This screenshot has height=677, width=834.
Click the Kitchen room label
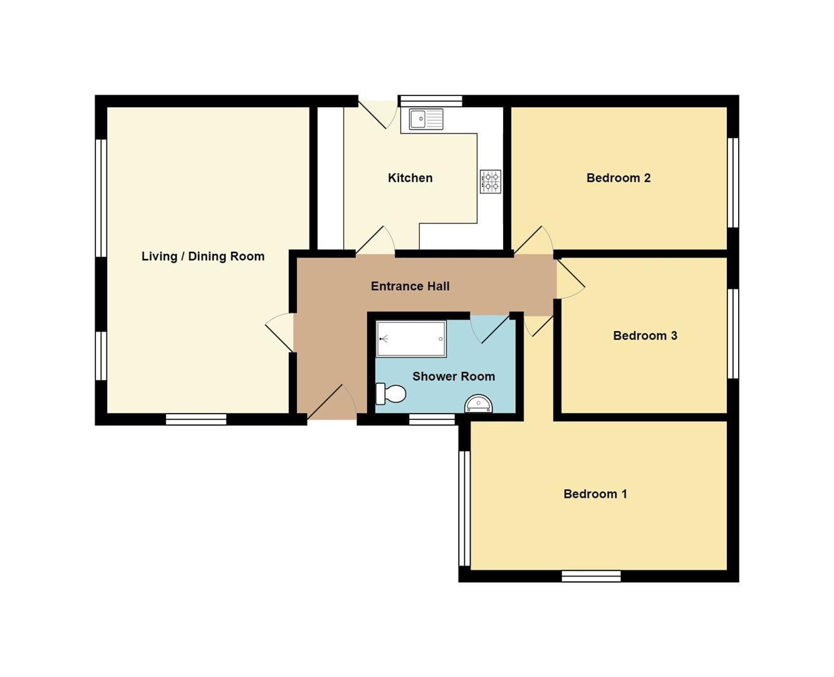(410, 178)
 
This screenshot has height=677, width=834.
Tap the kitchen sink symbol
(426, 119)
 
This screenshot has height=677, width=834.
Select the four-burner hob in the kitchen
(491, 181)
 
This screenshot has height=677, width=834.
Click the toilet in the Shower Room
(391, 394)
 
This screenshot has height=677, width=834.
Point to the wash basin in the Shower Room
(478, 405)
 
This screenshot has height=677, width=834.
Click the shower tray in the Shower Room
(411, 339)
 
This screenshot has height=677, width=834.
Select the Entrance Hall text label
(410, 286)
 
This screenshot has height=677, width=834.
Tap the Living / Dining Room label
(202, 256)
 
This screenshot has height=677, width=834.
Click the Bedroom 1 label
(595, 494)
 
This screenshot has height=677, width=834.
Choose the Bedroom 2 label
(618, 178)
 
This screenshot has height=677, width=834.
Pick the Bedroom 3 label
(645, 336)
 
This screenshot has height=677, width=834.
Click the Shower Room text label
(453, 377)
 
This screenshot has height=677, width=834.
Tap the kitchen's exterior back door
(378, 113)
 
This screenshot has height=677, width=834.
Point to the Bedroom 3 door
(570, 279)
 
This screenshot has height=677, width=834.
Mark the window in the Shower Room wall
(432, 419)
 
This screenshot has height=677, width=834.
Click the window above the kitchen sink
(431, 101)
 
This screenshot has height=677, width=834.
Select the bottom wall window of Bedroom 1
(591, 576)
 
